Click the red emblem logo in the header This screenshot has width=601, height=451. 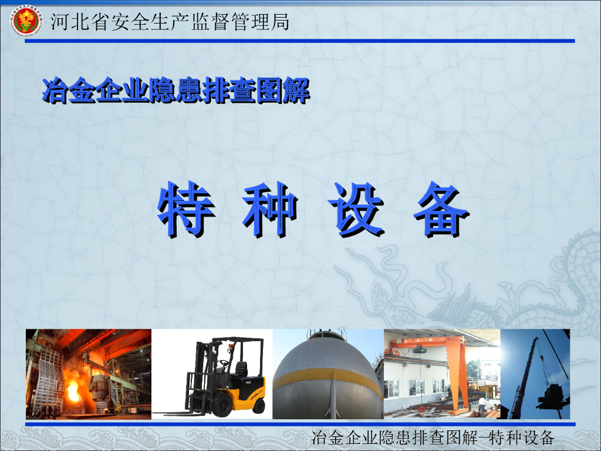pos(25,22)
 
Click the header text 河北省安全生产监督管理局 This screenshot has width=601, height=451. pos(170,22)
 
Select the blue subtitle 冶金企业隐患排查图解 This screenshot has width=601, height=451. pos(175,91)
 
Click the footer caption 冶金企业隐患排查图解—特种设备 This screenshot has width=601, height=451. pos(433,437)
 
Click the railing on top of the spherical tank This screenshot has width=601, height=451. pos(327,336)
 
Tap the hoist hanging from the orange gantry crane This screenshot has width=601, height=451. pos(418,351)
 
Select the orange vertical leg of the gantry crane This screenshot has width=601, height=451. pos(462,376)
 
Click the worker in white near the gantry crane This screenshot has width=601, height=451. pos(482,404)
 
